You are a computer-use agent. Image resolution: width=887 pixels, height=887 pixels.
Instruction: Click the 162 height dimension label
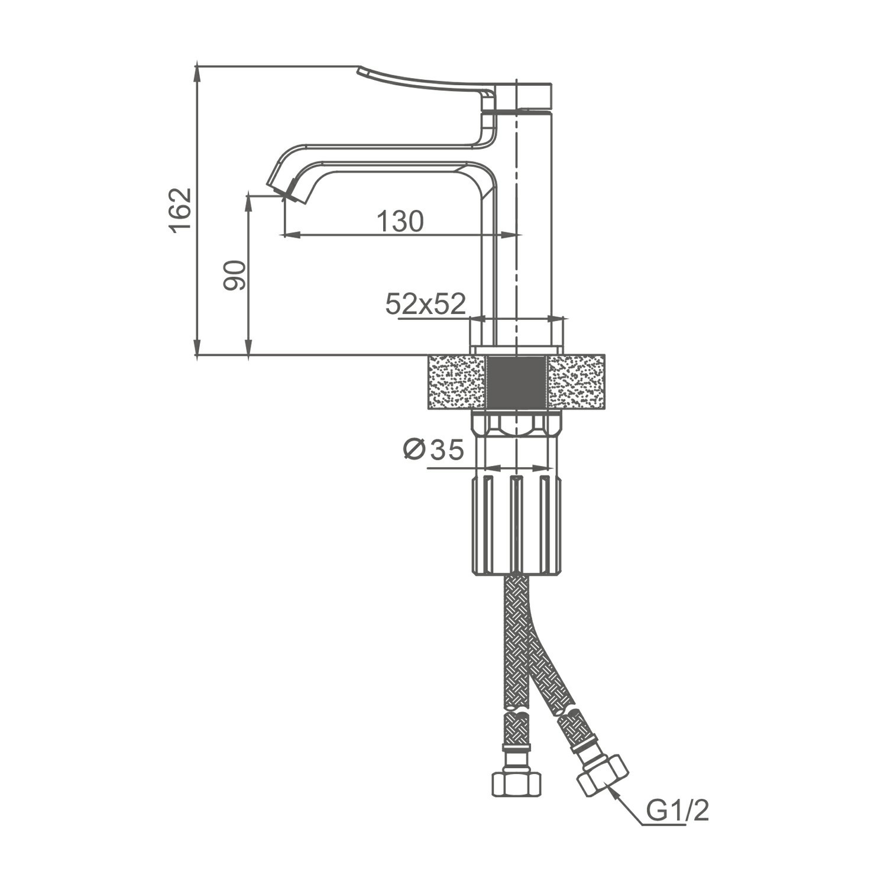(181, 211)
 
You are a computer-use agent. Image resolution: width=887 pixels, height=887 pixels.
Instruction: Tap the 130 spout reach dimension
(400, 221)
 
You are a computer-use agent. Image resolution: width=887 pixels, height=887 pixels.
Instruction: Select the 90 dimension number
(234, 275)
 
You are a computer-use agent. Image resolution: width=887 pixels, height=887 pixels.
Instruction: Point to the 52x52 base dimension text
(426, 304)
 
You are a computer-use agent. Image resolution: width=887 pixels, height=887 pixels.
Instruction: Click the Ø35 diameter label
(433, 450)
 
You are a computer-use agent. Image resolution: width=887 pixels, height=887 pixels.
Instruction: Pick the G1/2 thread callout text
(676, 811)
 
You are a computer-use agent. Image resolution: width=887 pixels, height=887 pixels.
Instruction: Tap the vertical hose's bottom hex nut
(516, 782)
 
